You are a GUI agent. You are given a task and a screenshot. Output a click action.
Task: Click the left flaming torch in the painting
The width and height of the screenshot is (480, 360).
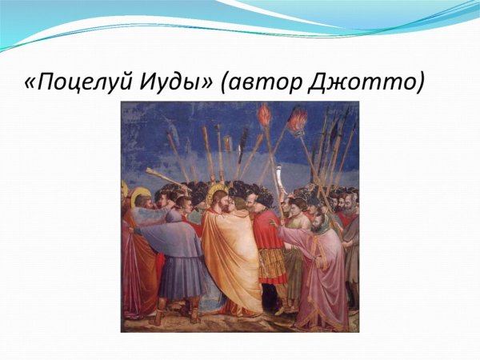pos(264,115)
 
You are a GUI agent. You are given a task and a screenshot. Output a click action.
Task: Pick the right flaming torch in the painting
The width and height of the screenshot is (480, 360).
pos(298,120)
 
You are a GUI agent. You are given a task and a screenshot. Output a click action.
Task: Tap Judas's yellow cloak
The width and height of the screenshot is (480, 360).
pos(232,256)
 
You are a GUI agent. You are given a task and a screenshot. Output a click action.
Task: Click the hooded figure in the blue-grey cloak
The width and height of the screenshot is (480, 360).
pos(180,248)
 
